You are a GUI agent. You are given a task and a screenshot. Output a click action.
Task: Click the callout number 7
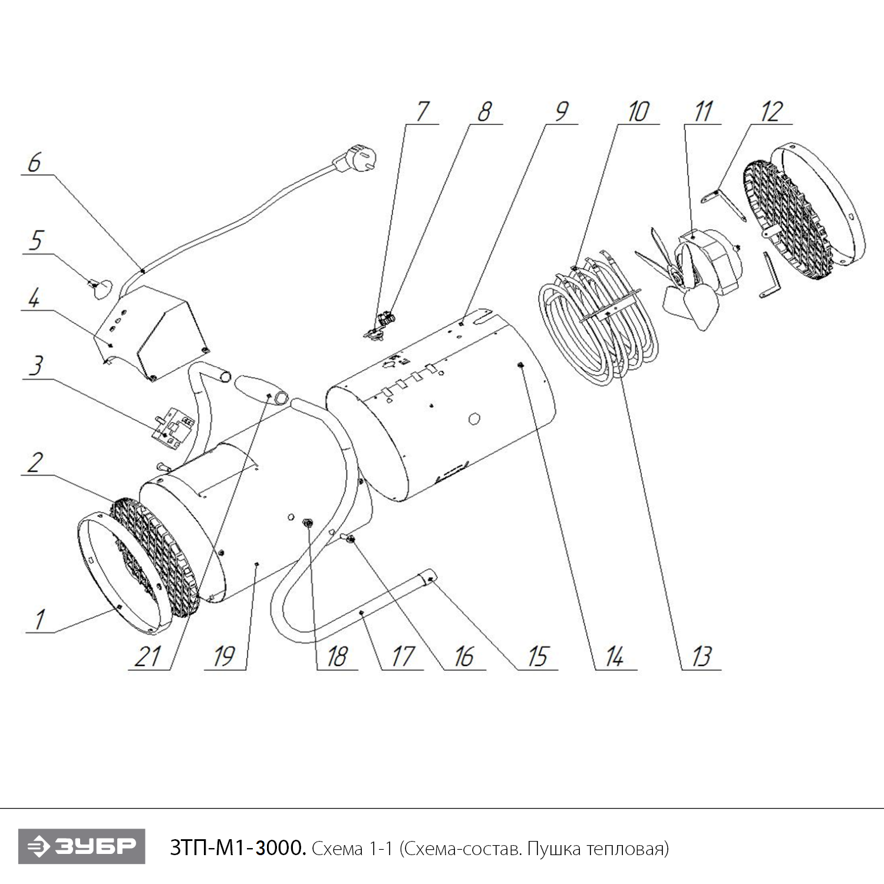[x=422, y=111]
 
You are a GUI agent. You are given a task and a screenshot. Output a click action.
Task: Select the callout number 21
[x=147, y=656]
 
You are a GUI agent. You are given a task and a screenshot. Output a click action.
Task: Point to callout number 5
[x=37, y=240]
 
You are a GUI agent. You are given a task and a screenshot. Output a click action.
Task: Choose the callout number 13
[x=701, y=656]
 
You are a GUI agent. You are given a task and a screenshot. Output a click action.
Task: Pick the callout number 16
[x=464, y=656]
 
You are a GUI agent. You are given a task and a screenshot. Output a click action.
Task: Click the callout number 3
[x=37, y=366]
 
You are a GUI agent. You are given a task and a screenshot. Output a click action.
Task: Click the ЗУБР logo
[x=81, y=847]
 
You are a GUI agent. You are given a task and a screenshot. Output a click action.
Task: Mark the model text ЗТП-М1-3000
[x=238, y=849]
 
